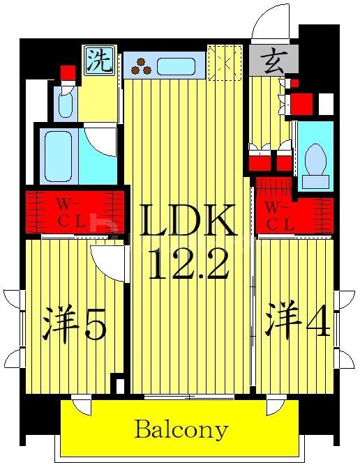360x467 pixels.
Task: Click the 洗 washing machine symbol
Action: click(100, 61)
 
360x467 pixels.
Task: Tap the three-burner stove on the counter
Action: click(142, 66)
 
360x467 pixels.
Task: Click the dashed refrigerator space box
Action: click(225, 63)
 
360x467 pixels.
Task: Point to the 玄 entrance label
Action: click(273, 61)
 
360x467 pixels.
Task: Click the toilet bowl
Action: click(315, 160)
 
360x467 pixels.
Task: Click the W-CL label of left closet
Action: click(70, 212)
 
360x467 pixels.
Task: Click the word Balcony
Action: click(181, 429)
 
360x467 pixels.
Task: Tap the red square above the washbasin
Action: click(68, 72)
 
